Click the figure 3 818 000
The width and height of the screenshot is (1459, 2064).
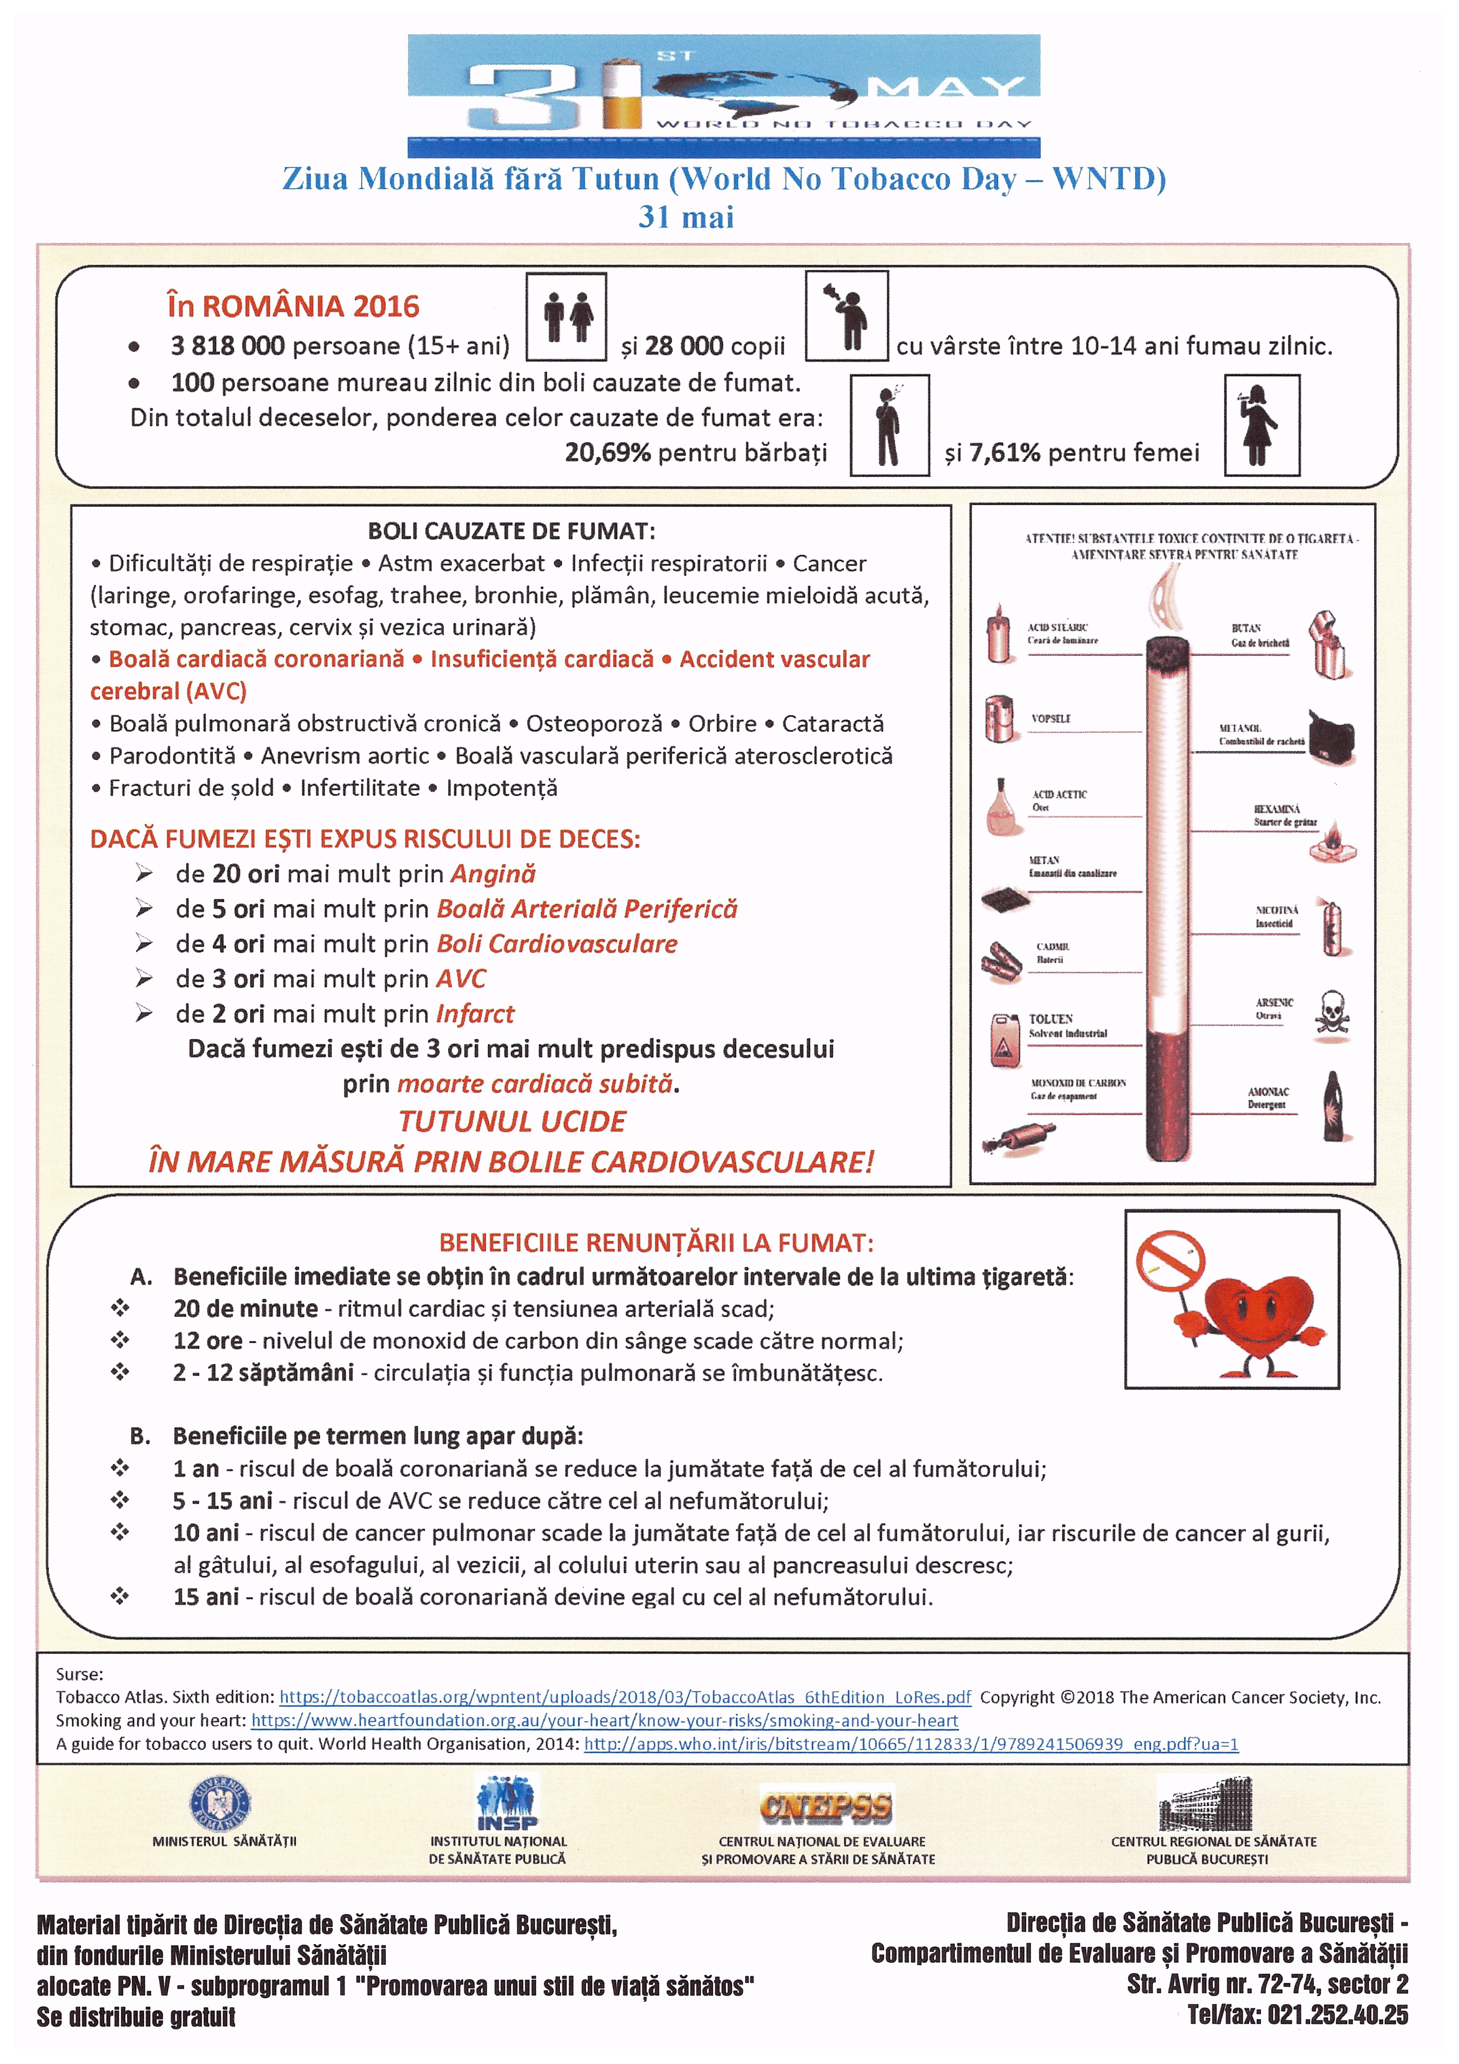pyautogui.click(x=228, y=346)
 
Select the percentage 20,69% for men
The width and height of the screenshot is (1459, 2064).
pyautogui.click(x=608, y=452)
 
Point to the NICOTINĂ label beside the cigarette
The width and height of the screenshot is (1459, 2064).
pyautogui.click(x=1276, y=910)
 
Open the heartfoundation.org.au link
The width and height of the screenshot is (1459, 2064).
pyautogui.click(x=604, y=1721)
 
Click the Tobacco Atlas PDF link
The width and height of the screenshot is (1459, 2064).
pyautogui.click(x=625, y=1697)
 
